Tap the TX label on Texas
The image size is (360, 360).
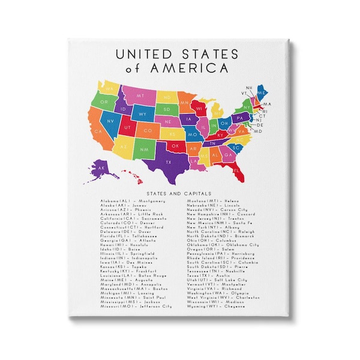pyautogui.click(x=169, y=162)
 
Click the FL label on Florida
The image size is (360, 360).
pyautogui.click(x=237, y=170)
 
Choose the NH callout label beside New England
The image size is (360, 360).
pyautogui.click(x=249, y=88)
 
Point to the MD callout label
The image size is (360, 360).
pyautogui.click(x=259, y=131)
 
